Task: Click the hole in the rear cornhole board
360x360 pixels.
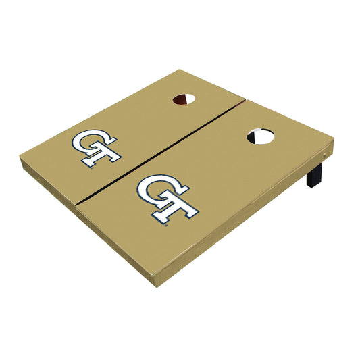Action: [x=184, y=99]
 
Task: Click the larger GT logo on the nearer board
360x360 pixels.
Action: [x=167, y=197]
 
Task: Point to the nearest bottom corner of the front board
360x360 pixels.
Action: [x=157, y=285]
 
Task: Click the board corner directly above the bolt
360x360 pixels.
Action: [x=333, y=140]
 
